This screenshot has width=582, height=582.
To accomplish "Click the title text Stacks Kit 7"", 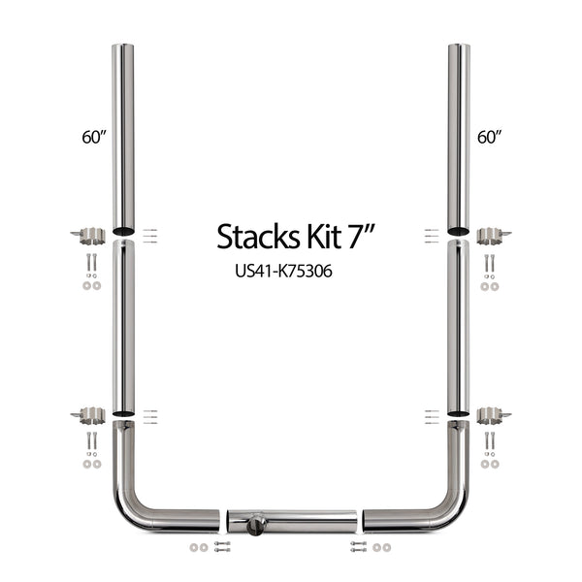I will (x=290, y=236).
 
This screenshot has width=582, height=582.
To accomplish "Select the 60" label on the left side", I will (x=93, y=137).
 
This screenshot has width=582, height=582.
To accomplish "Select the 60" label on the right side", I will (x=488, y=137).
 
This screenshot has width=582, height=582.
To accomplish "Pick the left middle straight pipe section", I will (x=123, y=325).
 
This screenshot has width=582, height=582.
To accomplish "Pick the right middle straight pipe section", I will (x=458, y=325).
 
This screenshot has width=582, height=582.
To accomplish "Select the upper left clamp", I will (x=91, y=234).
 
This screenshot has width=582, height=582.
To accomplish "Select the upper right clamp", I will (x=492, y=234).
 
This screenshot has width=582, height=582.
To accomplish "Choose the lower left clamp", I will (x=91, y=415).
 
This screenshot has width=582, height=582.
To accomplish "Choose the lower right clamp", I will (x=492, y=415).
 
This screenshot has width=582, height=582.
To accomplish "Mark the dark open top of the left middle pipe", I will (x=123, y=244).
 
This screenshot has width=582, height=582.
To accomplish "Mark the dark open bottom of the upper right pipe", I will (x=458, y=231).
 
